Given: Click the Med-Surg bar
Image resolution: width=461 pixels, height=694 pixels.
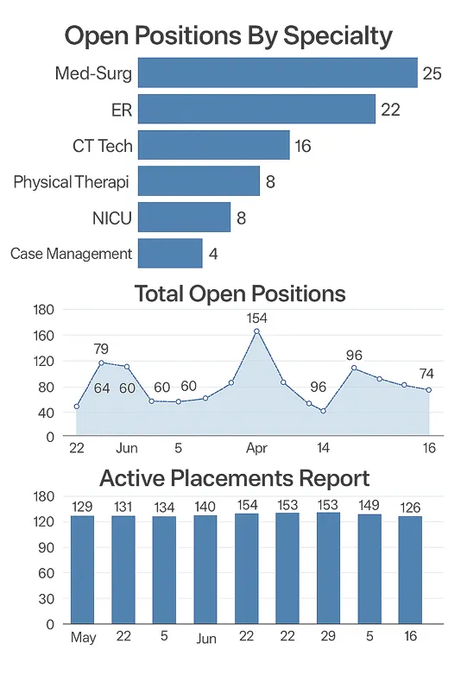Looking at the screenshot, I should [277, 73].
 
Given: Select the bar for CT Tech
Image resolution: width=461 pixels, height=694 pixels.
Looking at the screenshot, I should [213, 145].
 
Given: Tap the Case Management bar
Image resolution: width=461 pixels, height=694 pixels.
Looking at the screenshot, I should [169, 254].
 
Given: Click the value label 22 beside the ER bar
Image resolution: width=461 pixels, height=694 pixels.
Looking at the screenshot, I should [389, 110].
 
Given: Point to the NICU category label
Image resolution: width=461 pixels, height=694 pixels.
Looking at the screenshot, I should [111, 218].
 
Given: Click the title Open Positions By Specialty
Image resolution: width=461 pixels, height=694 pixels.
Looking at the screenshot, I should [229, 36].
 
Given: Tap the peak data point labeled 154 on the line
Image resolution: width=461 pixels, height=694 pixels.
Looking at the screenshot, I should [256, 331].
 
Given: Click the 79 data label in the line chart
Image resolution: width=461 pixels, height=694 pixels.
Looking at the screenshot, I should [101, 349].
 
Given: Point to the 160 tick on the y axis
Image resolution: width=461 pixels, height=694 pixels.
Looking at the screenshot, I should [43, 335].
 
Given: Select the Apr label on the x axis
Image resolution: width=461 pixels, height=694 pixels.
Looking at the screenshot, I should [256, 449].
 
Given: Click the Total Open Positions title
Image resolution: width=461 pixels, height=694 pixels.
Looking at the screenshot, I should [240, 293].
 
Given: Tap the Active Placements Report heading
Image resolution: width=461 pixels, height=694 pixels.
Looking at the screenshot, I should [235, 478].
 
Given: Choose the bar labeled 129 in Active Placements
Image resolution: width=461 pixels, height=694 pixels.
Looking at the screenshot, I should [83, 570].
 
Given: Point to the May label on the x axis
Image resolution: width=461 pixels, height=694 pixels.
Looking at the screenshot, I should [83, 638].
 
